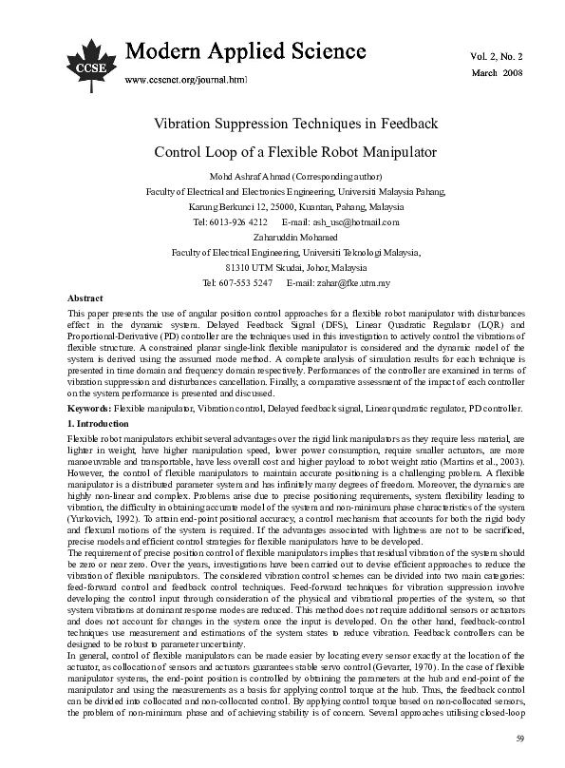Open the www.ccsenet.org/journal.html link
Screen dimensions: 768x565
tap(186, 81)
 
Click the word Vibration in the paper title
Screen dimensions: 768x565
tap(189, 125)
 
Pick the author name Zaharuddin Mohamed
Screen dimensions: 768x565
tap(282, 237)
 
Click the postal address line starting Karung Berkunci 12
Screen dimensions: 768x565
tap(282, 206)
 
